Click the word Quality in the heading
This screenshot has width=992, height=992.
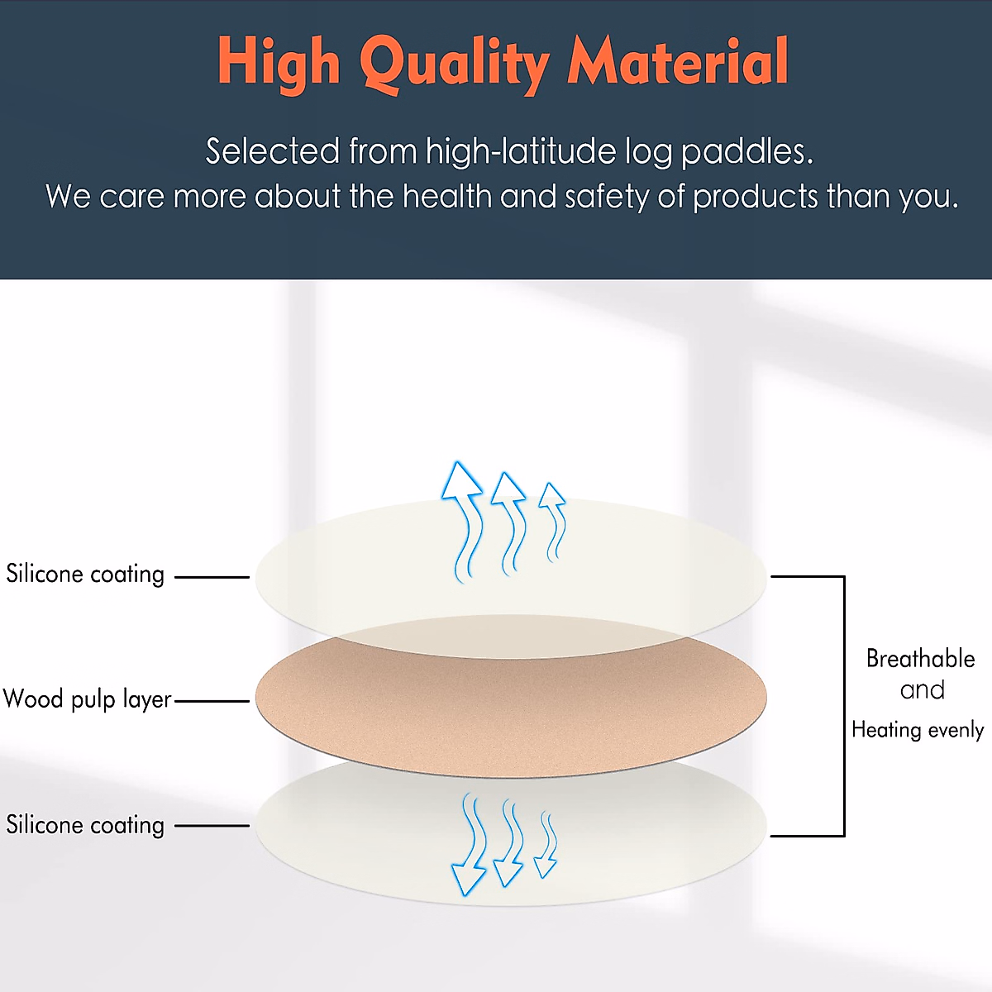pos(455,63)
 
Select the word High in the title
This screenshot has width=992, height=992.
pos(279,63)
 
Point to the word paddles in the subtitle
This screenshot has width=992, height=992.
pos(746,153)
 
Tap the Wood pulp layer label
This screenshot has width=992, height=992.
pos(87,700)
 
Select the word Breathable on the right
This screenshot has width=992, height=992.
pos(920,659)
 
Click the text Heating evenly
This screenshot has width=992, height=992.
pos(918,730)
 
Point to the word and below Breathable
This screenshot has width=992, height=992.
pos(922,690)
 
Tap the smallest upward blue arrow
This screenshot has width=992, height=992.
pos(552,521)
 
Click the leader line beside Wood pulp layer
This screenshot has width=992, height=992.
pos(212,701)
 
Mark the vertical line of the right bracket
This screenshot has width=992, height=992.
pos(844,707)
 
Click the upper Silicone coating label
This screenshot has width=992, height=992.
pos(85,575)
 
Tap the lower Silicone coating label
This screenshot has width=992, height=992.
pos(85,825)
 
